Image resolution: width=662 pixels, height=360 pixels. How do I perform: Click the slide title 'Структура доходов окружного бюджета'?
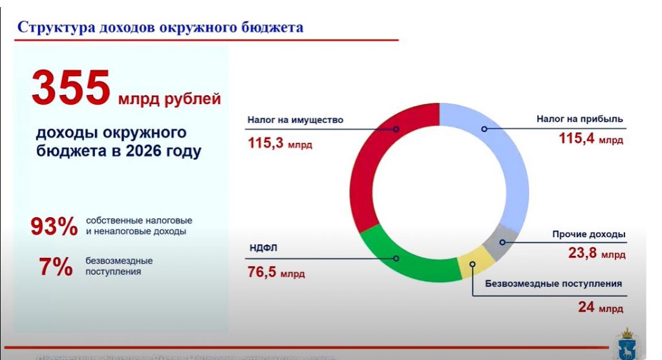click(x=160, y=27)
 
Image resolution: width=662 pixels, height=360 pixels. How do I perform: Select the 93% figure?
click(x=54, y=227)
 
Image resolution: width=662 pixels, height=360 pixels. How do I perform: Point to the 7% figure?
click(x=56, y=267)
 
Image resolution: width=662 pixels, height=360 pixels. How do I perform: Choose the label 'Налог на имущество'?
click(x=295, y=120)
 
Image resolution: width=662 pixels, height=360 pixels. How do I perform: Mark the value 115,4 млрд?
click(x=591, y=138)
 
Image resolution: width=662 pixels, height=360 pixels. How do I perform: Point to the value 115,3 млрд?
click(x=279, y=143)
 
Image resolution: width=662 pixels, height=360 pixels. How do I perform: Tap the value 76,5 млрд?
click(x=275, y=272)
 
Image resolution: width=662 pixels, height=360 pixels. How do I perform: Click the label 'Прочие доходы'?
click(x=588, y=234)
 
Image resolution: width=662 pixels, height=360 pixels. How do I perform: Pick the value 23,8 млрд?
click(x=596, y=254)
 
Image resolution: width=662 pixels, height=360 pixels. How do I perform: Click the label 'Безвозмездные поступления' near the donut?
click(x=553, y=283)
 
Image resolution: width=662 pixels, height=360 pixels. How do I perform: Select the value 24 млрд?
click(x=600, y=307)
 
